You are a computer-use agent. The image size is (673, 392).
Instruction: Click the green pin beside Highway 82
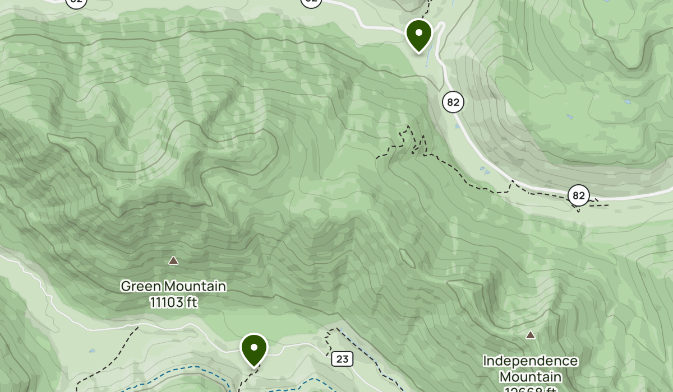click(x=418, y=35)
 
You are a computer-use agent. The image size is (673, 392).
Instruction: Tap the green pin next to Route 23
click(x=254, y=349)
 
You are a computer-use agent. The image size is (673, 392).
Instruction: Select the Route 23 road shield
click(x=342, y=359)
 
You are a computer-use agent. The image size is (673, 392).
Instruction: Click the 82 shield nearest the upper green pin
click(x=453, y=102)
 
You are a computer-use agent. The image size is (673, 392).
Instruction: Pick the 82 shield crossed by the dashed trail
click(x=579, y=196)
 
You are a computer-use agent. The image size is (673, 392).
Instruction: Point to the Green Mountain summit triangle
click(x=174, y=260)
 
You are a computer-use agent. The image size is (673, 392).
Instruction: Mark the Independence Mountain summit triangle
click(x=530, y=335)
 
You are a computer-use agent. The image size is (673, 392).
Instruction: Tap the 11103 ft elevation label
click(x=174, y=303)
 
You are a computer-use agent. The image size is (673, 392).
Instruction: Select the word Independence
click(x=530, y=361)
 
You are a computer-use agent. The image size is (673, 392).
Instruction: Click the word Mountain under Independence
click(x=530, y=376)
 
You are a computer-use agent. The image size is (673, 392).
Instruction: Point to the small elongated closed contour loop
click(x=408, y=258)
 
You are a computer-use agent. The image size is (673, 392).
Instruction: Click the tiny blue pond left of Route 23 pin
click(x=91, y=351)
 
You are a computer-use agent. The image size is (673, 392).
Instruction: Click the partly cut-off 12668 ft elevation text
click(x=530, y=389)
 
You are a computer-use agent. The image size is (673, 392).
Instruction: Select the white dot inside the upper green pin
click(x=418, y=32)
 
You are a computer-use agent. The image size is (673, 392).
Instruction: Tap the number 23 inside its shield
click(x=342, y=359)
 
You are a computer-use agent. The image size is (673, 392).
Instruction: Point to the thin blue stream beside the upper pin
click(x=429, y=56)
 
